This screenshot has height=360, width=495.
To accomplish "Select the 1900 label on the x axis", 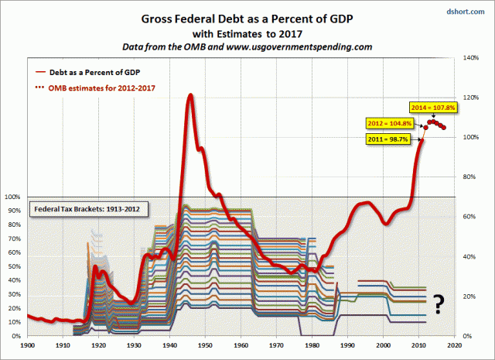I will pos(28,346).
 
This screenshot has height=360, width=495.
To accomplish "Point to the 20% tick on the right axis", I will pos(471,297).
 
